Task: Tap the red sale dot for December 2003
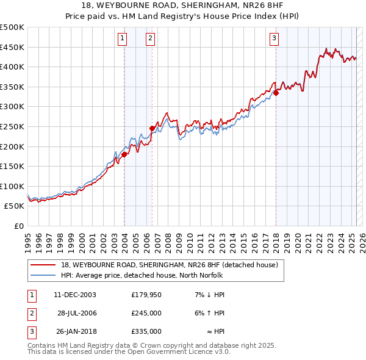(x=124, y=154)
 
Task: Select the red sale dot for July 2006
(x=152, y=128)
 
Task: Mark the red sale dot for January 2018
(x=276, y=93)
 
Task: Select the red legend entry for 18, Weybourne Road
(x=169, y=265)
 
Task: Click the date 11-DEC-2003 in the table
(x=75, y=295)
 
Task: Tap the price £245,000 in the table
(x=146, y=313)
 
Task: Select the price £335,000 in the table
(x=146, y=331)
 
